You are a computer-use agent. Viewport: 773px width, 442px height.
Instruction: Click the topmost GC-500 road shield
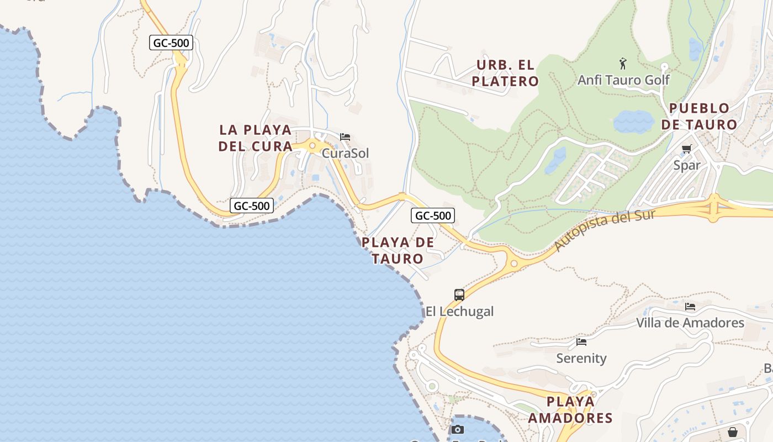pyautogui.click(x=171, y=43)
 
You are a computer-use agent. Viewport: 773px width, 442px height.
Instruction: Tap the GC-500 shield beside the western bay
pyautogui.click(x=252, y=206)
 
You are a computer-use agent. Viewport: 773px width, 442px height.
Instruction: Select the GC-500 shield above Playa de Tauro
pyautogui.click(x=433, y=215)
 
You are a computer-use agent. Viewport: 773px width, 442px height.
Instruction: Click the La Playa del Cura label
pyautogui.click(x=255, y=138)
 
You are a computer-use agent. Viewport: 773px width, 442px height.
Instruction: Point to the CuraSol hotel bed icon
pyautogui.click(x=345, y=137)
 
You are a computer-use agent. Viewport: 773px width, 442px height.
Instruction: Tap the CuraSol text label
pyautogui.click(x=345, y=153)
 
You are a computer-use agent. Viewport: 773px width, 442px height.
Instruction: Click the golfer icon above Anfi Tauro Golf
pyautogui.click(x=623, y=64)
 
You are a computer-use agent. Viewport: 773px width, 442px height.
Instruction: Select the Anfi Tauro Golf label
pyautogui.click(x=623, y=80)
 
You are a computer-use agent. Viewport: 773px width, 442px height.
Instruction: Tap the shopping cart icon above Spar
pyautogui.click(x=687, y=149)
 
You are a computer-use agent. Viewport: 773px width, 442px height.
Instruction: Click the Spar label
pyautogui.click(x=687, y=165)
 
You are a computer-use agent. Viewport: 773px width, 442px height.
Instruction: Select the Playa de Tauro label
pyautogui.click(x=398, y=250)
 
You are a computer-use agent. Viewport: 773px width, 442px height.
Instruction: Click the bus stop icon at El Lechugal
pyautogui.click(x=459, y=294)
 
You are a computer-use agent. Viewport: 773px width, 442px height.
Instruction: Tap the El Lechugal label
pyautogui.click(x=459, y=312)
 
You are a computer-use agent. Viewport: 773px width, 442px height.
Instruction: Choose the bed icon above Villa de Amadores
pyautogui.click(x=690, y=306)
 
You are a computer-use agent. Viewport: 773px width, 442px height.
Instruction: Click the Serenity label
pyautogui.click(x=581, y=359)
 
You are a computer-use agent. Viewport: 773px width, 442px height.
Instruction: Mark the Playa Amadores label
pyautogui.click(x=570, y=409)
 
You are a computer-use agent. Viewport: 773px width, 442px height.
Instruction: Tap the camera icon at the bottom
pyautogui.click(x=458, y=429)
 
